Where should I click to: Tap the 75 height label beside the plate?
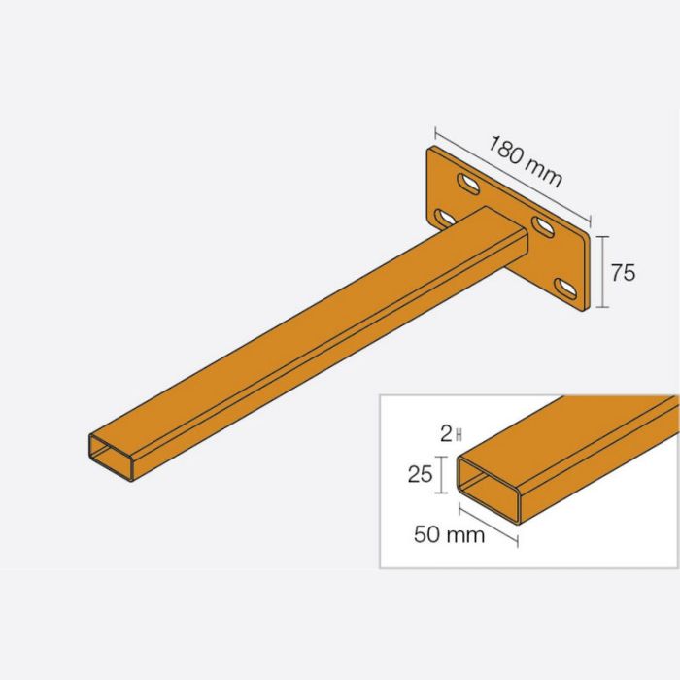tap(623, 273)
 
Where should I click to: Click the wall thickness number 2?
tap(445, 434)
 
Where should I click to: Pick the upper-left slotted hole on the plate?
tap(467, 184)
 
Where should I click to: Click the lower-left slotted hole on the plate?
tap(445, 217)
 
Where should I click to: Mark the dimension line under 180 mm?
tap(512, 176)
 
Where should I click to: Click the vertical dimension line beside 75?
tap(603, 271)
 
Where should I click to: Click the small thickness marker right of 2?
tap(456, 434)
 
